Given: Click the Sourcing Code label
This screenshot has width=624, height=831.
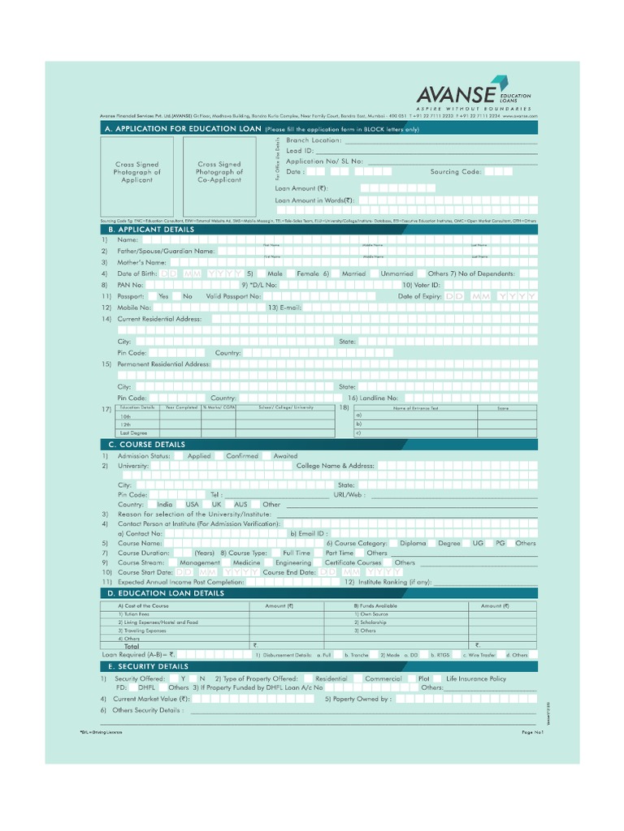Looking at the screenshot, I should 456,172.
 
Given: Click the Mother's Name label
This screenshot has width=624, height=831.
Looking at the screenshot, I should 142,263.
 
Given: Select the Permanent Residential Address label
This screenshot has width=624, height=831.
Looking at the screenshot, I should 164,364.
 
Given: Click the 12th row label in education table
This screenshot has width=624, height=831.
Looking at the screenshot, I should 125,424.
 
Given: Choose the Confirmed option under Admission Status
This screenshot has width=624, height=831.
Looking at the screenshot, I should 241,456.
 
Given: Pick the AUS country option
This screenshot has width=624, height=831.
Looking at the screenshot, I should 240,504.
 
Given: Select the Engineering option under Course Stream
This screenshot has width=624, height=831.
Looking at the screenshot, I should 292,562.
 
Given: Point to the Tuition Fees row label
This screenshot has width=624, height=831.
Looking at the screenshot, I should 136,614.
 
